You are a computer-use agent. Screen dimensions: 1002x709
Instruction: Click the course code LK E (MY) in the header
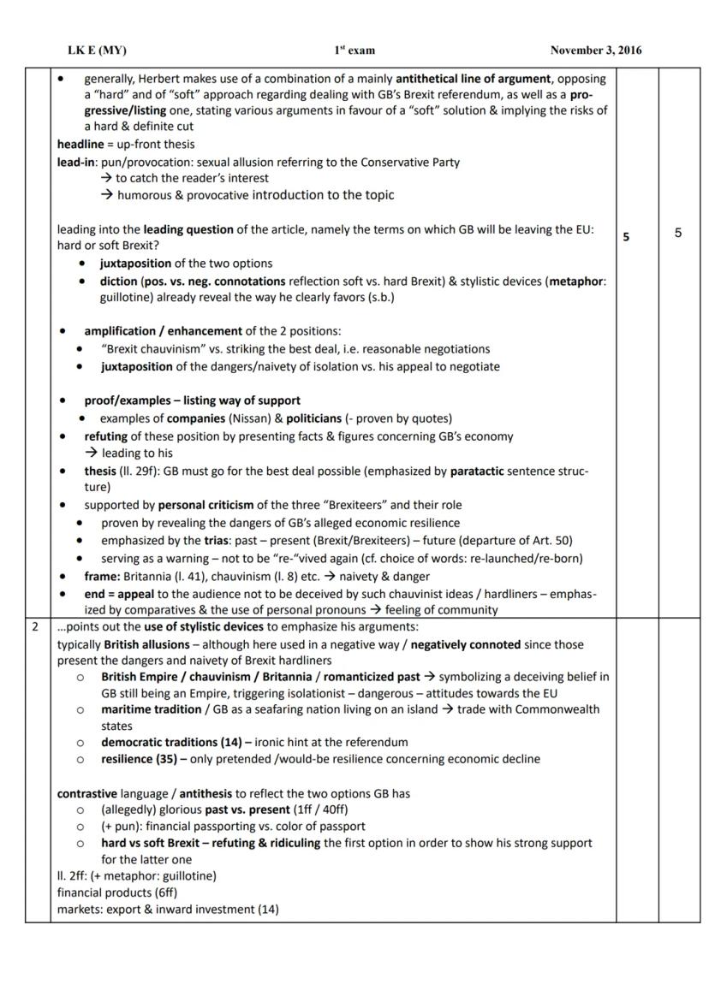96,50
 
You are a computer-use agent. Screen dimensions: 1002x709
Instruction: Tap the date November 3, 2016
595,50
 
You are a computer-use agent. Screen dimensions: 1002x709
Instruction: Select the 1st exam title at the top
354,50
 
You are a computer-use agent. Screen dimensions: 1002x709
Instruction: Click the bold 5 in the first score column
626,236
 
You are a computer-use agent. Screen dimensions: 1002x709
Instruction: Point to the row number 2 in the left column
35,627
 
